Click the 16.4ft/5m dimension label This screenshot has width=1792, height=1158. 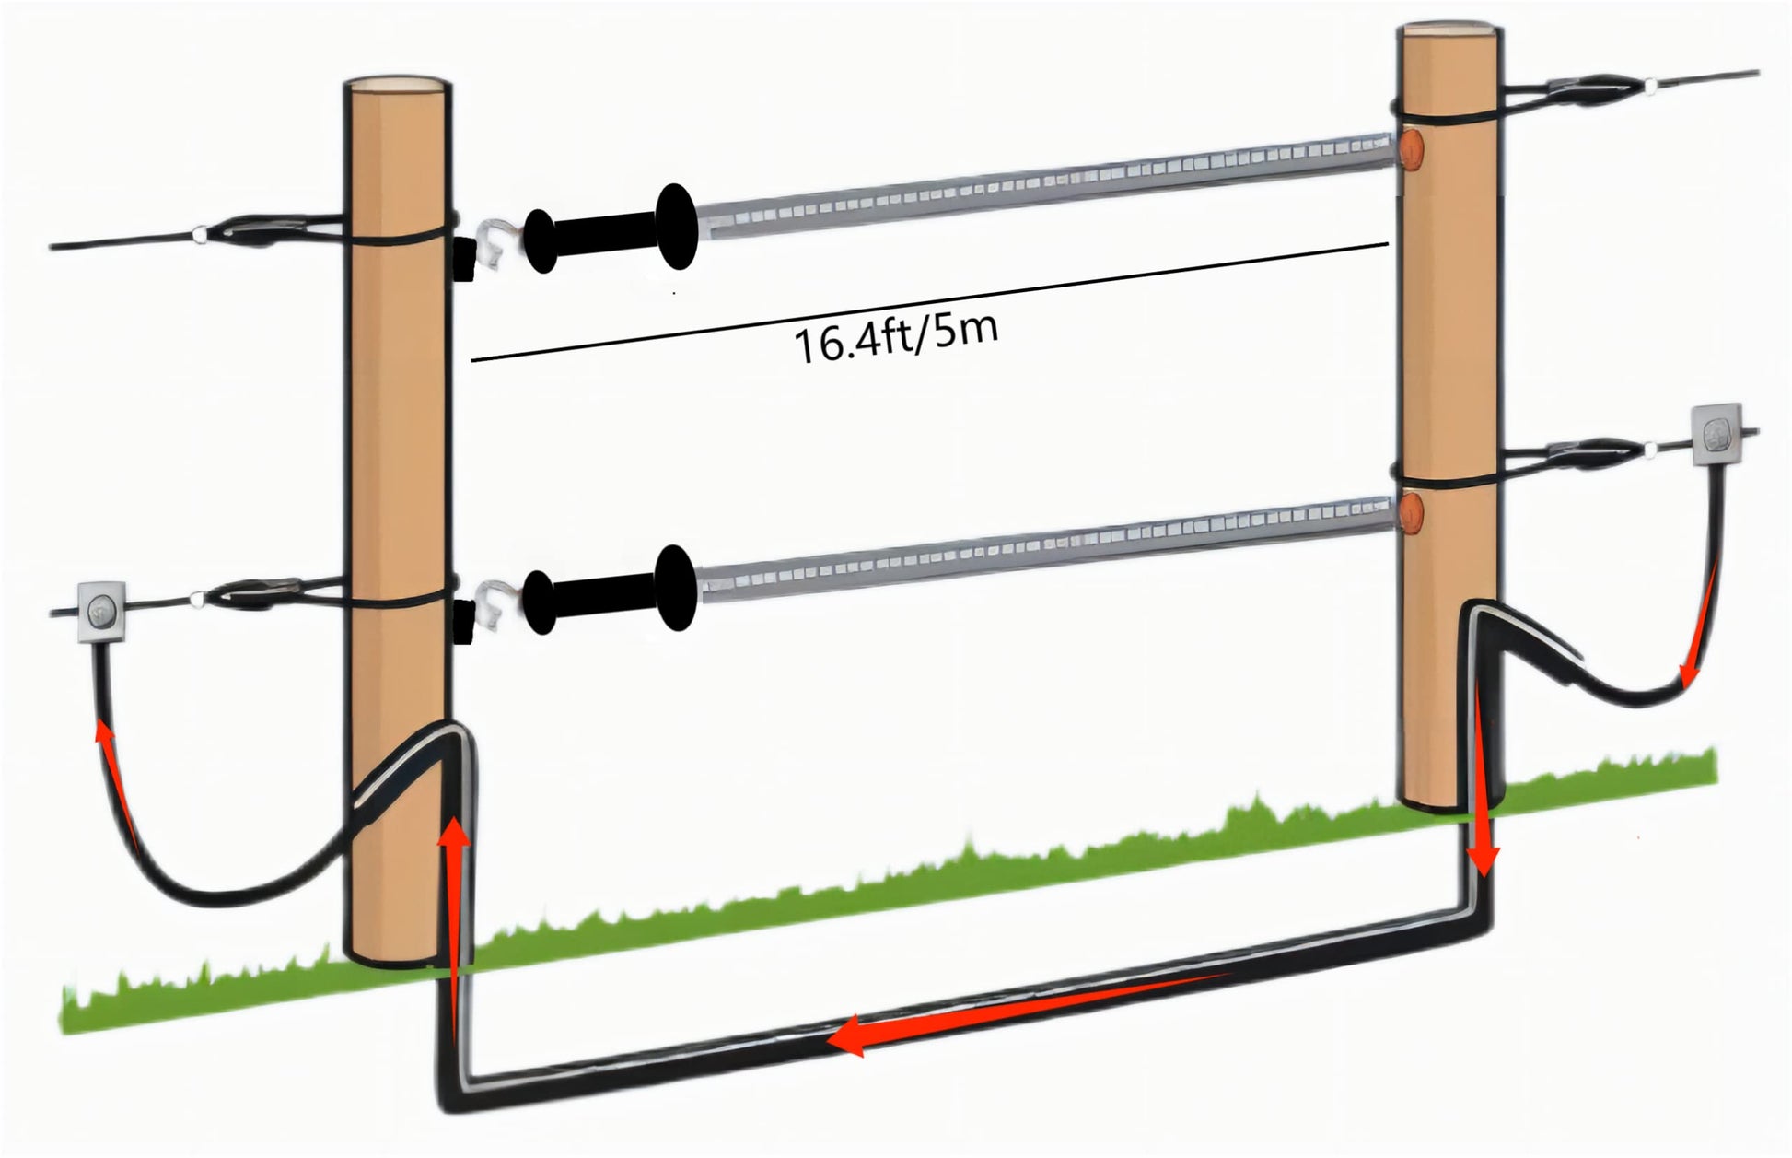point(895,339)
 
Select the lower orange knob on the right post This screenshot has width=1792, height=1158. point(1412,513)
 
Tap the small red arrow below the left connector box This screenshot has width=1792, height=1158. point(116,783)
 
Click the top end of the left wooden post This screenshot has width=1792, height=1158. point(398,88)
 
